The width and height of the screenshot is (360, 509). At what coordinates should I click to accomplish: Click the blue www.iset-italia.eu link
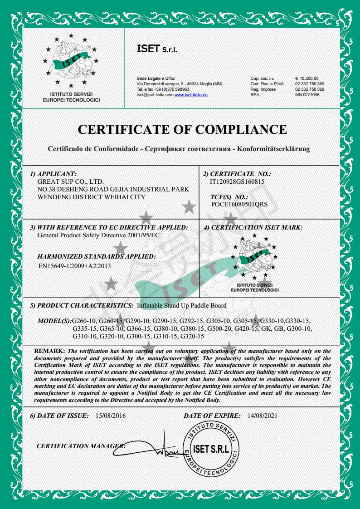coord(191,94)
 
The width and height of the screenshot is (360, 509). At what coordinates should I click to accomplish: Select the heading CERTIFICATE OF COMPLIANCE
coord(182,129)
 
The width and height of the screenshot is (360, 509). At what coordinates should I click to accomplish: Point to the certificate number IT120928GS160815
coord(237,181)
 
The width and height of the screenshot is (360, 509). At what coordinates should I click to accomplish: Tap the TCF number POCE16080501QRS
coord(239,204)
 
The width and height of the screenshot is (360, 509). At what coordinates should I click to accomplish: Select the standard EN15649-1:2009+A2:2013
coord(75,265)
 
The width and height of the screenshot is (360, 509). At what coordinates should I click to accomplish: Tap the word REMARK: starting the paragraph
coord(50,351)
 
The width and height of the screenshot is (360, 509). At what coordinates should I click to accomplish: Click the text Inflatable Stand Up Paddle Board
coord(181,305)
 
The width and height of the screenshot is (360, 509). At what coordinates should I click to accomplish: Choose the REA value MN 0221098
coord(307,94)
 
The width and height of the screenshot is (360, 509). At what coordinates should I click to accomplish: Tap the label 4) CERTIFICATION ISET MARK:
coord(253,227)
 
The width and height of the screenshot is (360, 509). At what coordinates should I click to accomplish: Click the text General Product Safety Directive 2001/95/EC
coord(98,235)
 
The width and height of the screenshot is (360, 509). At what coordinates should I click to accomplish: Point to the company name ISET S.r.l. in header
coord(154,48)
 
